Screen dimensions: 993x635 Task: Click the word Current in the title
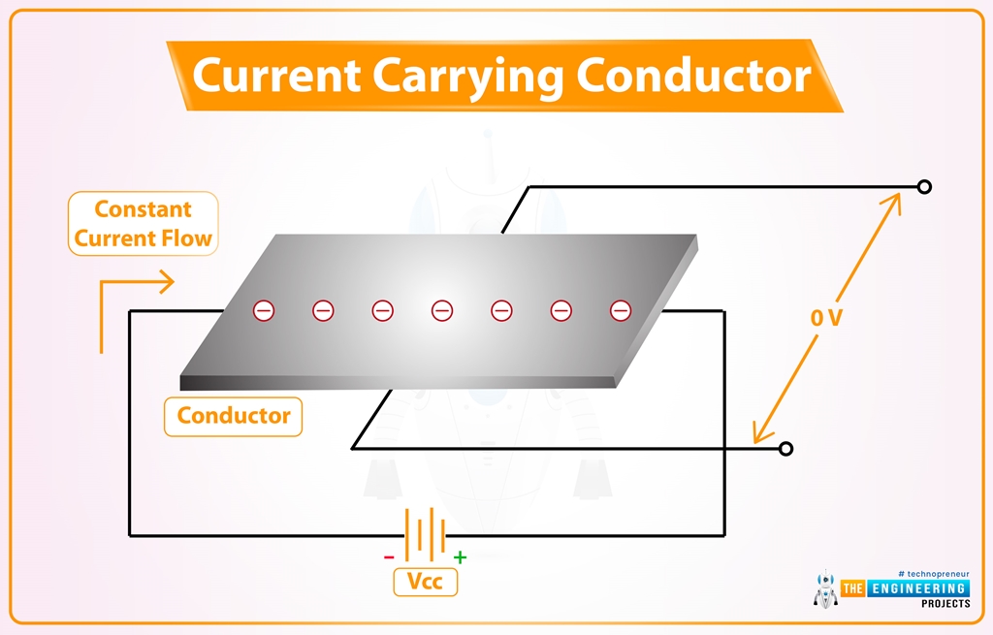click(x=276, y=76)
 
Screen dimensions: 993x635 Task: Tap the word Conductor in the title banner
click(x=694, y=76)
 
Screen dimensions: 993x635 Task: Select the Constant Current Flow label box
click(x=144, y=224)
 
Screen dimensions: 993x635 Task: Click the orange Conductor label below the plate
click(x=233, y=416)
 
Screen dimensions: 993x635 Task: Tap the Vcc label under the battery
click(x=425, y=581)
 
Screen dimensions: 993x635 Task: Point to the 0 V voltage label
click(x=826, y=317)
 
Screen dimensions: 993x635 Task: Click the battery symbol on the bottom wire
click(x=425, y=535)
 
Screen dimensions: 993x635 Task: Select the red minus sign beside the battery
click(x=389, y=557)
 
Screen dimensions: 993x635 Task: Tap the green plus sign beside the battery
click(x=461, y=557)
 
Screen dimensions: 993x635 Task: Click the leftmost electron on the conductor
click(x=264, y=310)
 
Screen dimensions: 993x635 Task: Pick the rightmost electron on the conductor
click(x=620, y=310)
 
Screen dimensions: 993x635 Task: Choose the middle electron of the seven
click(x=442, y=310)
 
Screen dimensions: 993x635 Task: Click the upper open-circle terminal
click(x=924, y=187)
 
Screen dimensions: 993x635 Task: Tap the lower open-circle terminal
click(x=785, y=449)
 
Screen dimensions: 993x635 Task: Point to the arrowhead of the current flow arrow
click(x=168, y=282)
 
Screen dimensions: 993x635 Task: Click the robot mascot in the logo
click(x=825, y=590)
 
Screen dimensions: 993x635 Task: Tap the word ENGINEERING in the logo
click(x=918, y=588)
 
